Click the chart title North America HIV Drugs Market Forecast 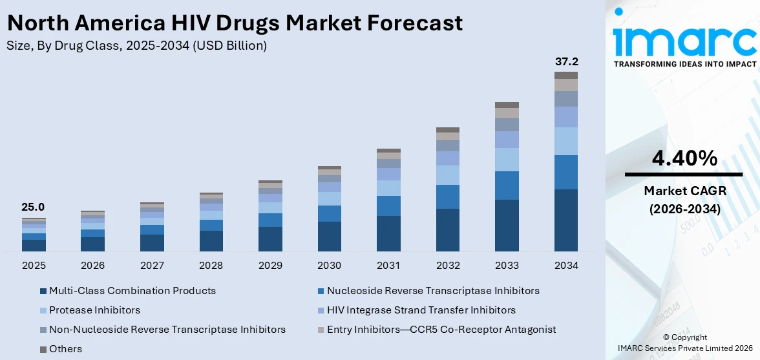pyautogui.click(x=235, y=23)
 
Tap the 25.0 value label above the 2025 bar pyautogui.click(x=33, y=207)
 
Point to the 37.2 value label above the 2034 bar pyautogui.click(x=566, y=62)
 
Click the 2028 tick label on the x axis pyautogui.click(x=211, y=266)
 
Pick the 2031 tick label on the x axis pyautogui.click(x=388, y=266)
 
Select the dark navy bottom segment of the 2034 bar pyautogui.click(x=566, y=220)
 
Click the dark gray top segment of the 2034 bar pyautogui.click(x=566, y=75)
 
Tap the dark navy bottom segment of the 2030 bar pyautogui.click(x=329, y=236)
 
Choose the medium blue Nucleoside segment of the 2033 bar pyautogui.click(x=507, y=185)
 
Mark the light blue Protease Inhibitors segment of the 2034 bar pyautogui.click(x=566, y=141)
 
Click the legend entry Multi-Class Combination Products pyautogui.click(x=132, y=291)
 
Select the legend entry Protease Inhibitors pyautogui.click(x=94, y=310)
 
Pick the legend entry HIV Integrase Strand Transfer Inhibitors pyautogui.click(x=421, y=310)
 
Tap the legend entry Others pyautogui.click(x=65, y=349)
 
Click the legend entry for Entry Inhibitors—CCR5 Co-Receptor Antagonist pyautogui.click(x=441, y=330)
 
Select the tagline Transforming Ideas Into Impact pyautogui.click(x=684, y=64)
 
